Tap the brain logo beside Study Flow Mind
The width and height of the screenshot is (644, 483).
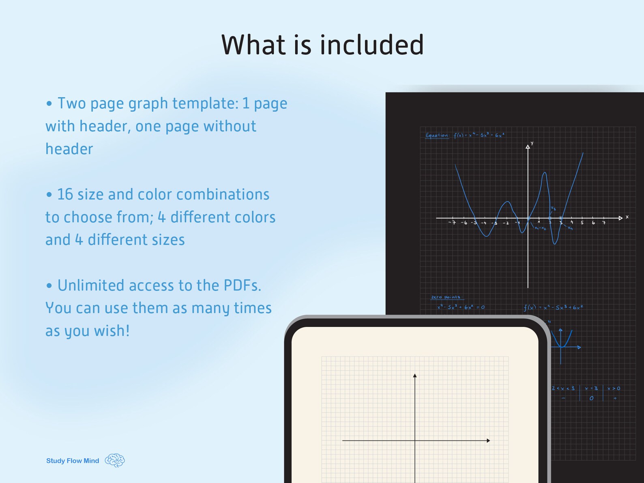pyautogui.click(x=115, y=460)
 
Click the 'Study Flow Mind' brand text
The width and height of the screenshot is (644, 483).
pyautogui.click(x=73, y=461)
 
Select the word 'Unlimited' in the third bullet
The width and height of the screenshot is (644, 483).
pyautogui.click(x=90, y=286)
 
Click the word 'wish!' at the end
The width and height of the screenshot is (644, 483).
pyautogui.click(x=112, y=331)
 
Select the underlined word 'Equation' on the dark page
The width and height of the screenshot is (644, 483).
pyautogui.click(x=437, y=135)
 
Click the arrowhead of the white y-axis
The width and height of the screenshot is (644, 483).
pyautogui.click(x=528, y=147)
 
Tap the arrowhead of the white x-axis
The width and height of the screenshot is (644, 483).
pyautogui.click(x=620, y=218)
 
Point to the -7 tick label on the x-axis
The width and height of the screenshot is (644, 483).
pyautogui.click(x=452, y=223)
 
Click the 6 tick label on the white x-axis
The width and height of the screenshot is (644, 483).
pyautogui.click(x=593, y=223)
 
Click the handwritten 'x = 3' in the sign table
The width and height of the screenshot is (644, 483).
pyautogui.click(x=591, y=389)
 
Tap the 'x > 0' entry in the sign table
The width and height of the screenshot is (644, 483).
pyautogui.click(x=614, y=389)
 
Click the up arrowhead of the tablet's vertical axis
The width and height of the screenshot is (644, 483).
pyautogui.click(x=415, y=376)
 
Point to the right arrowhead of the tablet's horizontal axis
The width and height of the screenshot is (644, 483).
pyautogui.click(x=488, y=440)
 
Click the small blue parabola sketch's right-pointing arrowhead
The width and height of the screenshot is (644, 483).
pyautogui.click(x=579, y=347)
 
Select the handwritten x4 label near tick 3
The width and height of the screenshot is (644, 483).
pyautogui.click(x=570, y=228)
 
